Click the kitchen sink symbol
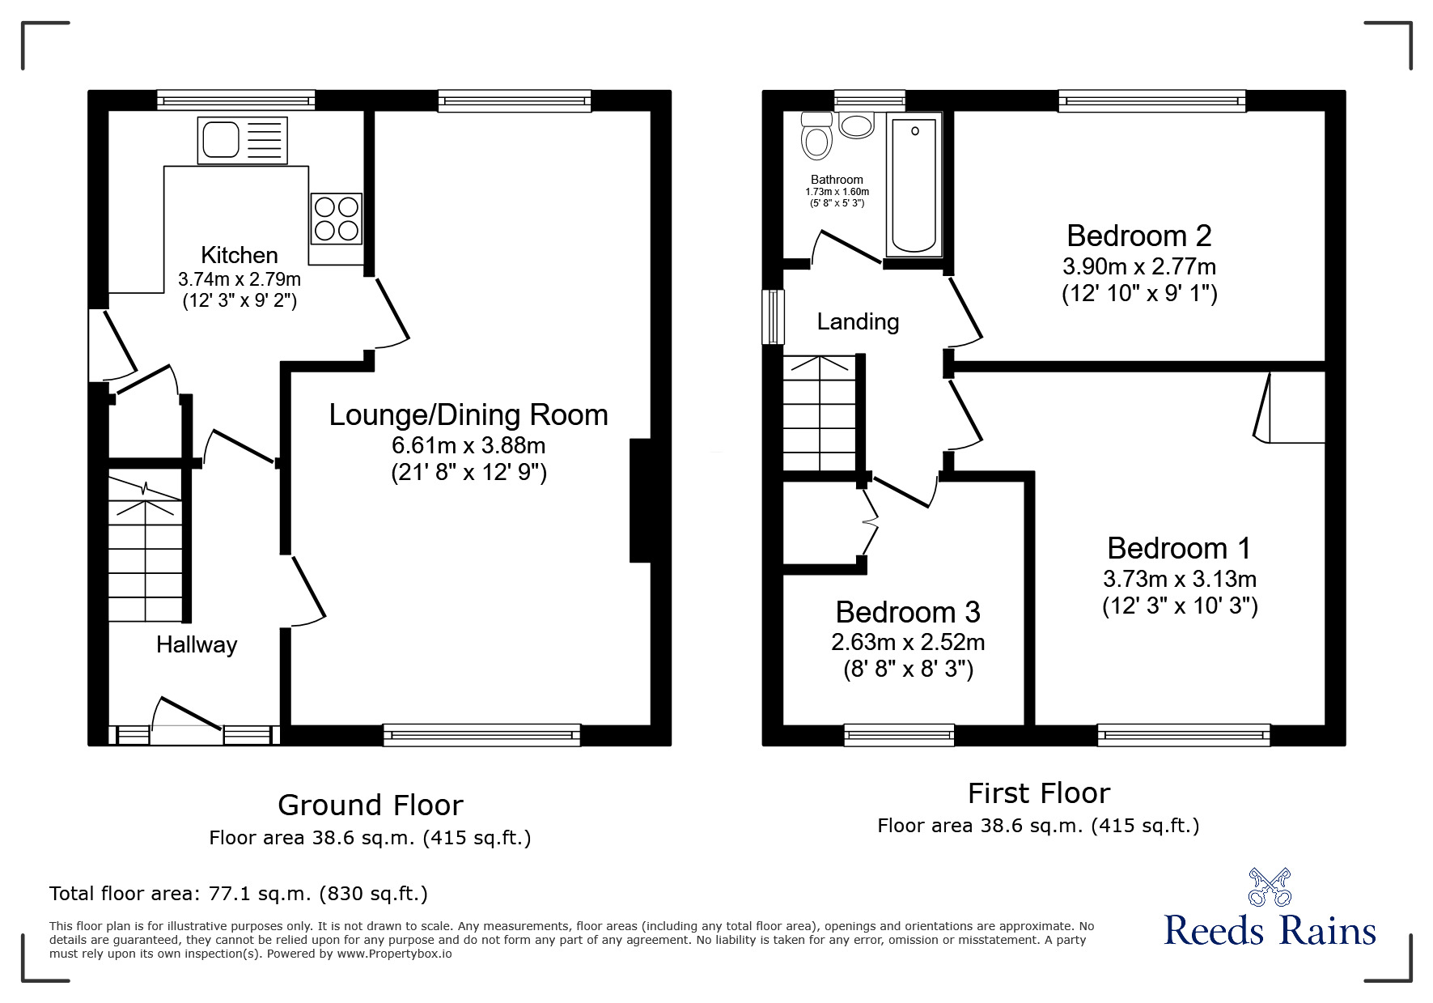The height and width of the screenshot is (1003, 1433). coord(242,140)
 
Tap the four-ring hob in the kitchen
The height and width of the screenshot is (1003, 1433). coord(337,218)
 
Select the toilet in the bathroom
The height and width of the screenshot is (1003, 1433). coord(816,138)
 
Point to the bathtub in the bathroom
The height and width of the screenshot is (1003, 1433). coord(915,185)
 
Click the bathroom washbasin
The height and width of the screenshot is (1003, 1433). coord(856,125)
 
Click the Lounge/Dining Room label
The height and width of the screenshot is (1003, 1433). coord(468,414)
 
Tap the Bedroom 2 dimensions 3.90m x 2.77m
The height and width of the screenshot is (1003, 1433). coord(1138,266)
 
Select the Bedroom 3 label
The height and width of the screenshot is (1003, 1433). coord(907,612)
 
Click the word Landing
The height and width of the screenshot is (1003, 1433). coord(858,322)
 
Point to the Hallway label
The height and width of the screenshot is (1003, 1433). coord(197,645)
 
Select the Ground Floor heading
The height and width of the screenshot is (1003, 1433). coord(370,805)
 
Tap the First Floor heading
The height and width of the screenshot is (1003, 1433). coord(1038,793)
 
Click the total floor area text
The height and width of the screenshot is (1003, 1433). coord(238,894)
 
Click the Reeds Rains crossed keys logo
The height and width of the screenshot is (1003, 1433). coord(1270,886)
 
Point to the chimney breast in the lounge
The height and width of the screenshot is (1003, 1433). coord(640,500)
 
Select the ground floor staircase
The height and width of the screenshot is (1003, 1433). coord(146,550)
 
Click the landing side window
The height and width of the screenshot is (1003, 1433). coord(774,317)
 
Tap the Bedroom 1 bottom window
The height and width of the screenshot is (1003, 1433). coord(1183,735)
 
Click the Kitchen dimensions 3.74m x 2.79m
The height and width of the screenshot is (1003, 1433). coord(239,280)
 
